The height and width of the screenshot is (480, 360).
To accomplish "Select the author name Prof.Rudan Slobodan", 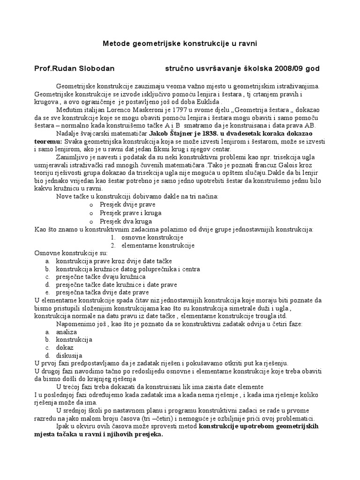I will click(74, 68).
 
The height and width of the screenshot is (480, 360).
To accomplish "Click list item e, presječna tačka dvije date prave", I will click(102, 292).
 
